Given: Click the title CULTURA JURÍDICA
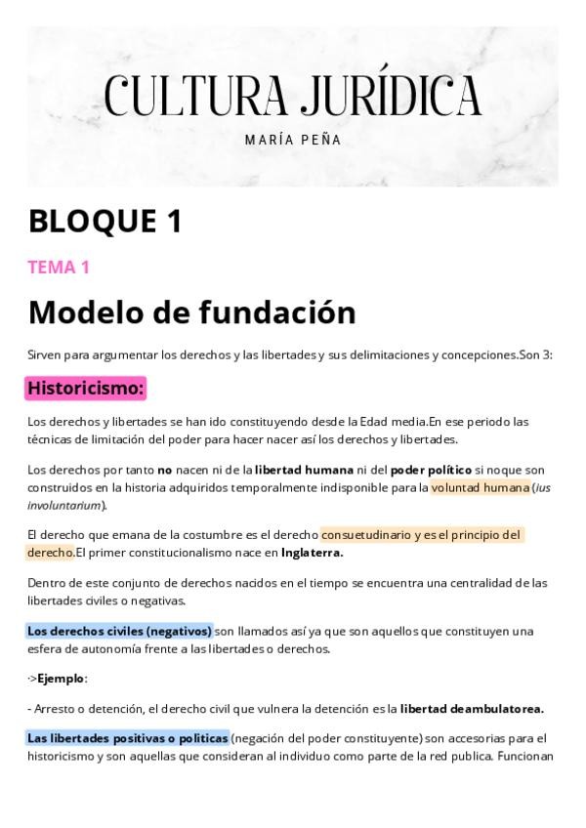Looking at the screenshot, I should pos(292,96).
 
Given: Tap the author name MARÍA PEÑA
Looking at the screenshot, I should pos(292,140).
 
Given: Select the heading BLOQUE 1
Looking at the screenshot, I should pos(105,222).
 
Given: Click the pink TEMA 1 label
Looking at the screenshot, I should pos(59,267).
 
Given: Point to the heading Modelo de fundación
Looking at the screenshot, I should pos(191,312).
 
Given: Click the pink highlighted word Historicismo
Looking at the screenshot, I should pos(86,389).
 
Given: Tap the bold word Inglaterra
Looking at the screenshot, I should pos(312,553).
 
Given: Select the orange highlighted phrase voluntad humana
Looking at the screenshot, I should pos(481,487).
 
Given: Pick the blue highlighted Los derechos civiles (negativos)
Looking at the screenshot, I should pos(119,631).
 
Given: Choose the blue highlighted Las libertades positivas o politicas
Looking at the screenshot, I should pos(128,737).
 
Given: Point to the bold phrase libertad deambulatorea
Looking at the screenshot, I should pos(472,708).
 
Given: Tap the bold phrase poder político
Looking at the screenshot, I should pos(431,470).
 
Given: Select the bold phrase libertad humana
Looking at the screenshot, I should pos(304,470).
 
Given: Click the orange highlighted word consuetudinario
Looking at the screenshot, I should pos(366,535).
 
